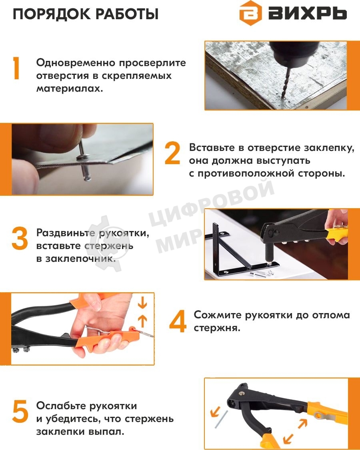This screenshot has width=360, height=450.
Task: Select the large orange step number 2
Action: (172, 154)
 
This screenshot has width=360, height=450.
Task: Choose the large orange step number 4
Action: (178, 321)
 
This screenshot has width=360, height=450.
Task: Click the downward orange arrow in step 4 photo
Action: (142, 304)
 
